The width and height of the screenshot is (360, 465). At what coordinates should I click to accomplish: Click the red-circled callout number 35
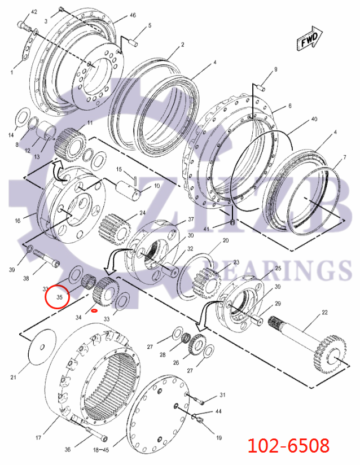(x=58, y=296)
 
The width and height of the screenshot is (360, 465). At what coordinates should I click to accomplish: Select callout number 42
(x=34, y=12)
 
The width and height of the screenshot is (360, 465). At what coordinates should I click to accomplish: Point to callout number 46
(x=133, y=16)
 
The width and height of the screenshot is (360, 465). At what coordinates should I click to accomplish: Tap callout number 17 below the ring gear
(x=39, y=437)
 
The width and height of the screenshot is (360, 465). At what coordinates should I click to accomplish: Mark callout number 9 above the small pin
(x=276, y=69)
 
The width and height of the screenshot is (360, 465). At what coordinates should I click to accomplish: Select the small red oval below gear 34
(x=94, y=310)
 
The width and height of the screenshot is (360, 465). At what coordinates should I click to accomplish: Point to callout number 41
(x=206, y=229)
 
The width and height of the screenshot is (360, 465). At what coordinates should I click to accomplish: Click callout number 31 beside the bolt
(x=222, y=394)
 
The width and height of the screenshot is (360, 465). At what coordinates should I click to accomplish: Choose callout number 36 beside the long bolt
(x=68, y=450)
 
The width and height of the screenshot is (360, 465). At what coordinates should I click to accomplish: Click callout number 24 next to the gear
(x=142, y=213)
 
